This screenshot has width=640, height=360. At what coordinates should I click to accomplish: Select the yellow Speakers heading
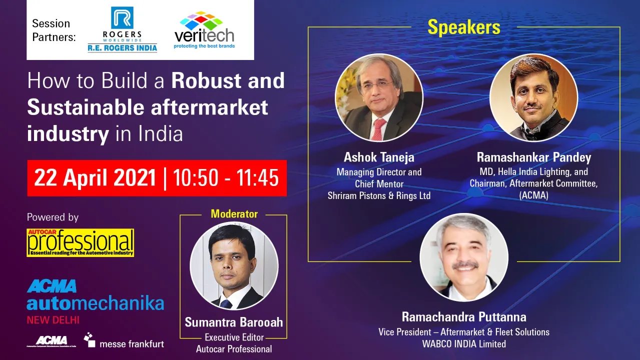[464, 27]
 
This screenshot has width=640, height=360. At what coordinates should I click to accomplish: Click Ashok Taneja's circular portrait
[379, 97]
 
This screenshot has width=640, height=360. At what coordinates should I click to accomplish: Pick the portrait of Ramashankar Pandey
[533, 97]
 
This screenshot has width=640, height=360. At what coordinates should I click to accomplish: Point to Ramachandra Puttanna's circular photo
[464, 257]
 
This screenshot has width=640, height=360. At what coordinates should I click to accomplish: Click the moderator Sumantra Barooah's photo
[234, 266]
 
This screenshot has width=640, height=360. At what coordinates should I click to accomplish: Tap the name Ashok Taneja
[379, 157]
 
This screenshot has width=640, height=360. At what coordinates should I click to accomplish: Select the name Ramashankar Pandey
[533, 157]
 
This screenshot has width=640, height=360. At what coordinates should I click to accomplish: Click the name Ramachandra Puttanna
[464, 317]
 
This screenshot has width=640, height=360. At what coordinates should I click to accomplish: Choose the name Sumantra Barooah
[234, 322]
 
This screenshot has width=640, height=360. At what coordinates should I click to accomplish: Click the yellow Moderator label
[234, 214]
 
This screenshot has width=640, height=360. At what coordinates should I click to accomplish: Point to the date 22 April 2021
[95, 178]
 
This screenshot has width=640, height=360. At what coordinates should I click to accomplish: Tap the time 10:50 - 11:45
[225, 178]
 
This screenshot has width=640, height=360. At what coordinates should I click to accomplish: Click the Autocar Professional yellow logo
[81, 242]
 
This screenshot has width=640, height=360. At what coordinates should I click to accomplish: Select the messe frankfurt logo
[124, 341]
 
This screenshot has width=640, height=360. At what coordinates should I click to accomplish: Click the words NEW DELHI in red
[53, 319]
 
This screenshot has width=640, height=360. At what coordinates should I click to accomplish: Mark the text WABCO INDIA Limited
[464, 343]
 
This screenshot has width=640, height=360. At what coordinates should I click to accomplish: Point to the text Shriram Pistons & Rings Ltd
[379, 195]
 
